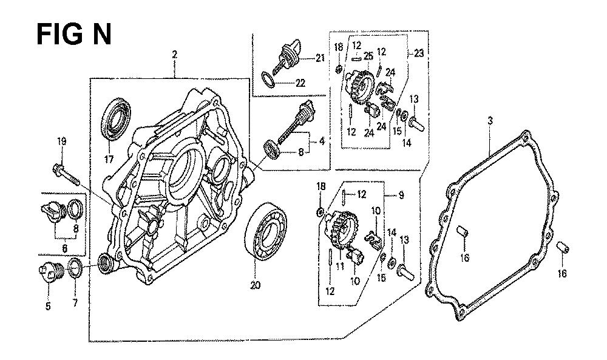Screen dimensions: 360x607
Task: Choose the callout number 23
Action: (419, 53)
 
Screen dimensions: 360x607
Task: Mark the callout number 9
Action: (402, 195)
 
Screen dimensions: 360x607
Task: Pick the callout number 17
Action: (109, 160)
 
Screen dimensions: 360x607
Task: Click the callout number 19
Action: (61, 141)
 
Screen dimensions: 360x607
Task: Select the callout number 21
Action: (320, 58)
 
